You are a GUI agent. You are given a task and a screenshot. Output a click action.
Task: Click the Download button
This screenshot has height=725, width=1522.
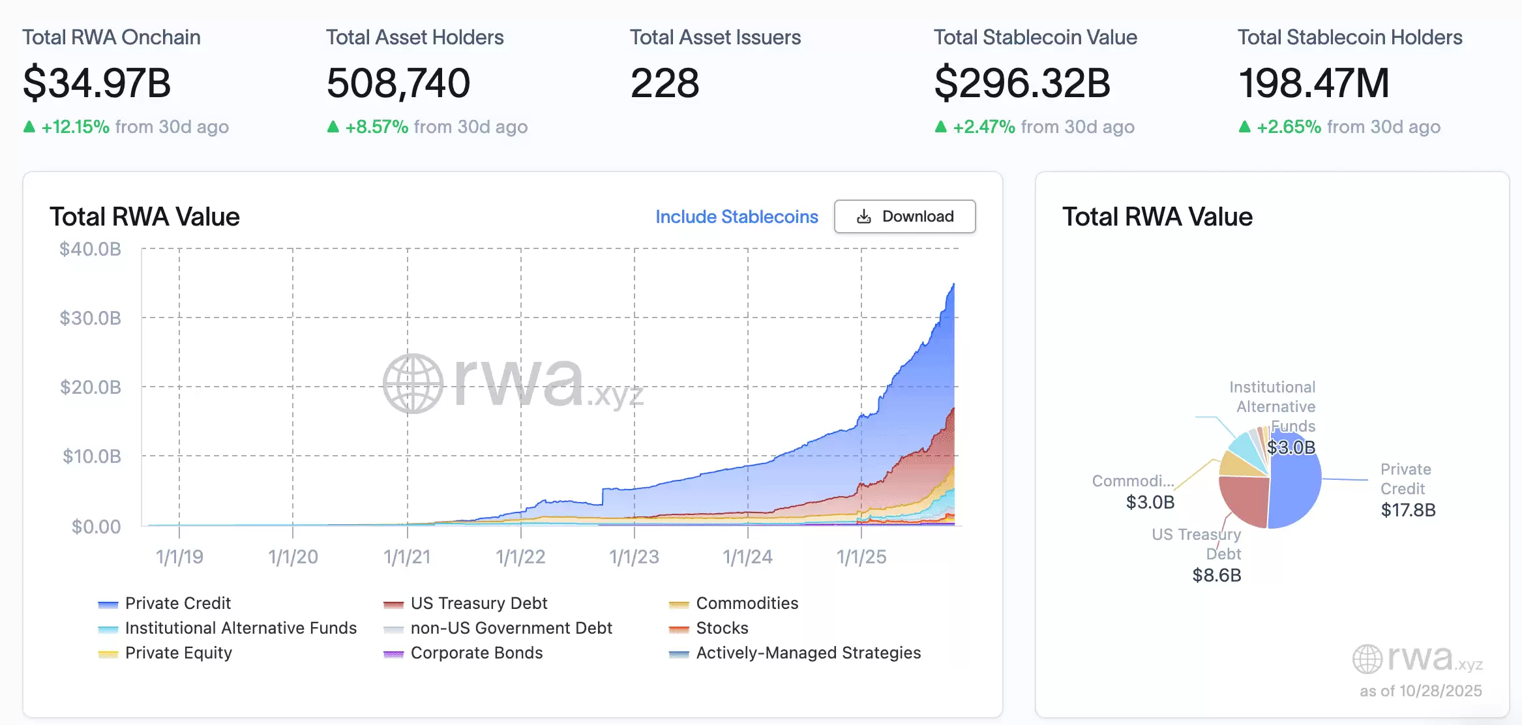pyautogui.click(x=904, y=216)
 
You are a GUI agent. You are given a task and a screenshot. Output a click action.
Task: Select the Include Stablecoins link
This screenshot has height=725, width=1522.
pyautogui.click(x=736, y=216)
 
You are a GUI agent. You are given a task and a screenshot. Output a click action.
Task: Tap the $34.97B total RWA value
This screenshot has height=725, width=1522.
pyautogui.click(x=97, y=83)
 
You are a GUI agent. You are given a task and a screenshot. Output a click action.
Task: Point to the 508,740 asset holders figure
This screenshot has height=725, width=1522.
pyautogui.click(x=398, y=83)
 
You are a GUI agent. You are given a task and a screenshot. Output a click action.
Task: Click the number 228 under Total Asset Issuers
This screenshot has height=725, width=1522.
pyautogui.click(x=664, y=83)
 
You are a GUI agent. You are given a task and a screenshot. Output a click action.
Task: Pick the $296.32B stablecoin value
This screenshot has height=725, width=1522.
pyautogui.click(x=1022, y=83)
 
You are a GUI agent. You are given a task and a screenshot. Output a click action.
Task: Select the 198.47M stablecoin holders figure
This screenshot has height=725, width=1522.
pyautogui.click(x=1313, y=83)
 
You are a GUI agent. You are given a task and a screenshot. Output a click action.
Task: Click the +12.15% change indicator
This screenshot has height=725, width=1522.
pyautogui.click(x=75, y=126)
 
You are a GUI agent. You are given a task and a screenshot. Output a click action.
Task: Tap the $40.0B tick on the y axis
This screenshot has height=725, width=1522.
pyautogui.click(x=90, y=249)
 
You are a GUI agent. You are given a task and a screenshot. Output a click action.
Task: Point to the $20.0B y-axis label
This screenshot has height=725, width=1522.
pyautogui.click(x=90, y=387)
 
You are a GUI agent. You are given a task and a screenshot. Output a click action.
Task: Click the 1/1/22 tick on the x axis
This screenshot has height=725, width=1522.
pyautogui.click(x=520, y=557)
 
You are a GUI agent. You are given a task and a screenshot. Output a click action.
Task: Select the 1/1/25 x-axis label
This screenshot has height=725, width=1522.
pyautogui.click(x=861, y=557)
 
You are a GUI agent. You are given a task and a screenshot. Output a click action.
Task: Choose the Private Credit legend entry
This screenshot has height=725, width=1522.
pyautogui.click(x=177, y=603)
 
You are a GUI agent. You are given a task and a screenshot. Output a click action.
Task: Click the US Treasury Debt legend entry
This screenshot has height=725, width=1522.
pyautogui.click(x=479, y=603)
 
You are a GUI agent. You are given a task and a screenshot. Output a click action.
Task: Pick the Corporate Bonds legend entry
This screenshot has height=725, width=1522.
pyautogui.click(x=476, y=653)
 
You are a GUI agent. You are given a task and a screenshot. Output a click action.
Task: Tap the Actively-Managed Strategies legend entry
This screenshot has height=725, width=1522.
pyautogui.click(x=808, y=653)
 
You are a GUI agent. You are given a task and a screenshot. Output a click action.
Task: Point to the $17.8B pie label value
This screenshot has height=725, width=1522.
pyautogui.click(x=1408, y=510)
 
